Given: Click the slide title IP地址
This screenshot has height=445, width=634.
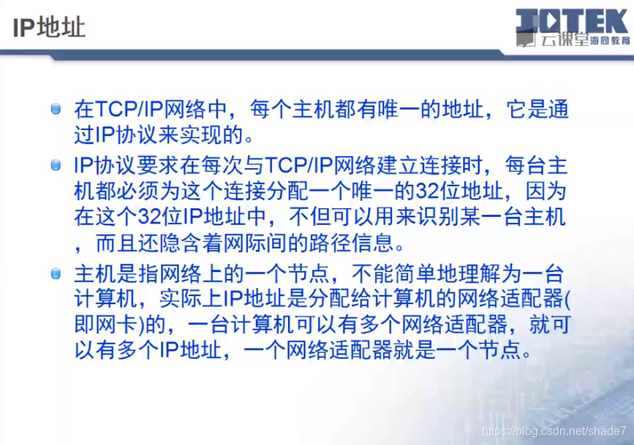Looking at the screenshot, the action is pyautogui.click(x=49, y=28).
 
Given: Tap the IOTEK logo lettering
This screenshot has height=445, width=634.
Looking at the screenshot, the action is pyautogui.click(x=572, y=20).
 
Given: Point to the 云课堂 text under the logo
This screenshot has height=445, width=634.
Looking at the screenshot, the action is pyautogui.click(x=565, y=39).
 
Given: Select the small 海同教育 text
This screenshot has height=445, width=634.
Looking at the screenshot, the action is pyautogui.click(x=610, y=40).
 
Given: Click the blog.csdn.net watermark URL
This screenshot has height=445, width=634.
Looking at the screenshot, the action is pyautogui.click(x=554, y=431).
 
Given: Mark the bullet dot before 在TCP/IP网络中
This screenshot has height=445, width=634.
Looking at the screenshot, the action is pyautogui.click(x=56, y=109).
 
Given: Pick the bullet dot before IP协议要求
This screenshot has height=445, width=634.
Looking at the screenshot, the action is pyautogui.click(x=56, y=165).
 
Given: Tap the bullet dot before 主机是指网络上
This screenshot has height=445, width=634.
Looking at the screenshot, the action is pyautogui.click(x=56, y=273).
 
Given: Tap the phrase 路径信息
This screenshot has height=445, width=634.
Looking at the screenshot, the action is pyautogui.click(x=351, y=243).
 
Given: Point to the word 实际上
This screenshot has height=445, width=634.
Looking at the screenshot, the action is pyautogui.click(x=191, y=299).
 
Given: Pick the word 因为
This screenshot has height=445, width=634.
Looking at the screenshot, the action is pyautogui.click(x=546, y=191).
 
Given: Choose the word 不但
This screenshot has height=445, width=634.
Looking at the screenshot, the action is pyautogui.click(x=310, y=216).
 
